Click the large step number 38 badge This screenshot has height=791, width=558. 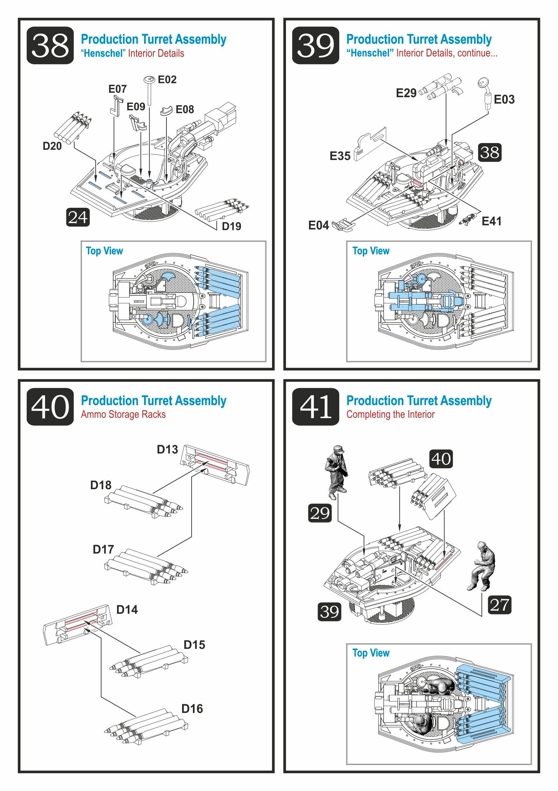point(50,46)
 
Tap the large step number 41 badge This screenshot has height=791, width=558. point(315,407)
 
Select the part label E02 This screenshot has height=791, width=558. point(167,80)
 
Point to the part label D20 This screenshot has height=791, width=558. point(52,146)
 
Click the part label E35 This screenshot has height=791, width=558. point(340,156)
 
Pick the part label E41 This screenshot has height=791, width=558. point(491,221)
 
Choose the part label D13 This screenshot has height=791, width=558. point(167,449)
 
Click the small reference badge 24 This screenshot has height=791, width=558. point(78,217)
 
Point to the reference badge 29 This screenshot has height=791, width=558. point(320,513)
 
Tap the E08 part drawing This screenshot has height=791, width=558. point(166,111)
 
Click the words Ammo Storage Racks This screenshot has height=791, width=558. point(123,414)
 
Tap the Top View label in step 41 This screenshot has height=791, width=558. point(371,653)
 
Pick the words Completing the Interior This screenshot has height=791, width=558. point(390,414)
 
